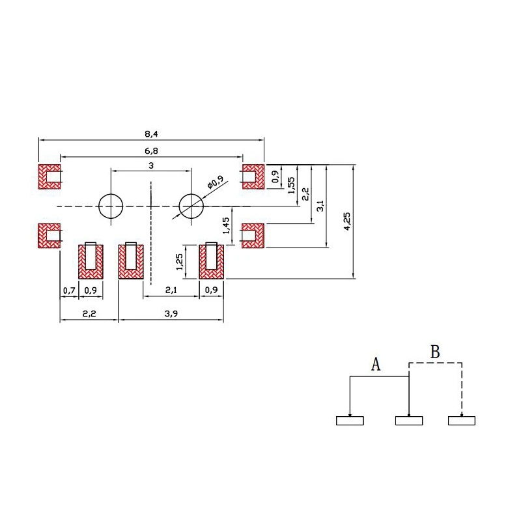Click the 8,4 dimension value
click(x=151, y=134)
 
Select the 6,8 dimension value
click(x=151, y=151)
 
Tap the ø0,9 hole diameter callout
click(x=216, y=182)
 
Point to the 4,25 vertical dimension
click(x=346, y=221)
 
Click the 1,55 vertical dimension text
click(x=291, y=186)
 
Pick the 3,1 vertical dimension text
click(x=320, y=206)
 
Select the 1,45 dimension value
click(x=225, y=225)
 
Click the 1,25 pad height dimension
click(x=179, y=262)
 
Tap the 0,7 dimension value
click(x=69, y=290)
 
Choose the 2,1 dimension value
click(x=171, y=290)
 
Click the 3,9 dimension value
click(x=171, y=313)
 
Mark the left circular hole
click(x=111, y=206)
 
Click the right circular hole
click(x=191, y=206)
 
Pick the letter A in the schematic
click(x=376, y=364)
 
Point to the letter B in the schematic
click(x=435, y=352)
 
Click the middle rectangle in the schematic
click(x=409, y=421)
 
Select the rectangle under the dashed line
click(x=462, y=421)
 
